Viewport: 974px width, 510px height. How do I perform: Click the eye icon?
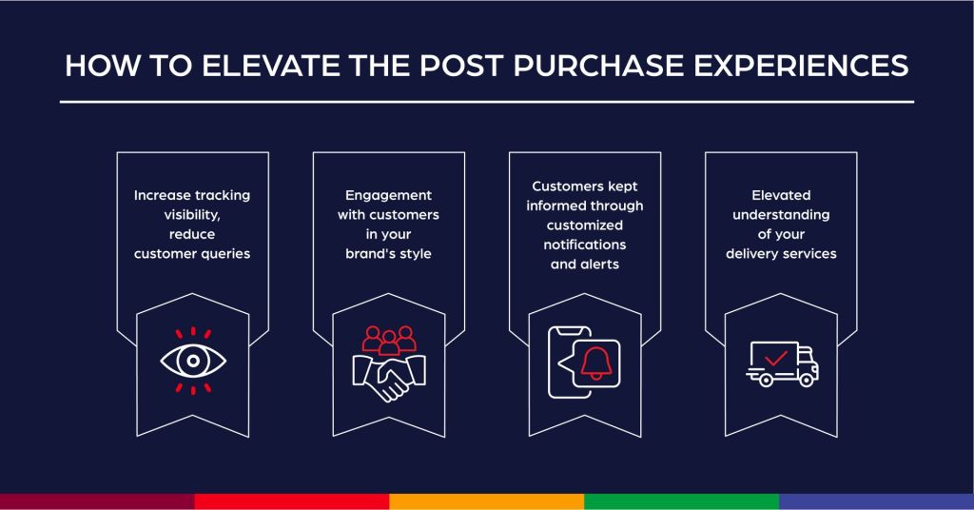(x=194, y=361)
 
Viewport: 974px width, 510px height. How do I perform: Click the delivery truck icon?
(x=781, y=362)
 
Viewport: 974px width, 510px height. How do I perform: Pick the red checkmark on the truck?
(x=775, y=358)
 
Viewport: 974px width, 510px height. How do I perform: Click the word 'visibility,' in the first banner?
(x=194, y=215)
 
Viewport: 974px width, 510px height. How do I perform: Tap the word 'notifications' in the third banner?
(x=585, y=245)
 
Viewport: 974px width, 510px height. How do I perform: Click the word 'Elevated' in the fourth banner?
(x=781, y=195)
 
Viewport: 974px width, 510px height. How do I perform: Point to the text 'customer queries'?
(x=194, y=254)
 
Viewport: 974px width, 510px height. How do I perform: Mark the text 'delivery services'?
(x=781, y=254)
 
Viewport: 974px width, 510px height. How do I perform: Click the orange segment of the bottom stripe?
(x=487, y=501)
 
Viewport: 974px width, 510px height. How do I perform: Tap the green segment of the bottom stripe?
(x=681, y=501)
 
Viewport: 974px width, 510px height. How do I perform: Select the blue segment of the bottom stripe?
(x=876, y=501)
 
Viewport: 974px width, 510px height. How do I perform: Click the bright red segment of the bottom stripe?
(x=292, y=501)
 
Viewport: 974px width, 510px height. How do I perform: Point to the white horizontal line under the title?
(x=487, y=101)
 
